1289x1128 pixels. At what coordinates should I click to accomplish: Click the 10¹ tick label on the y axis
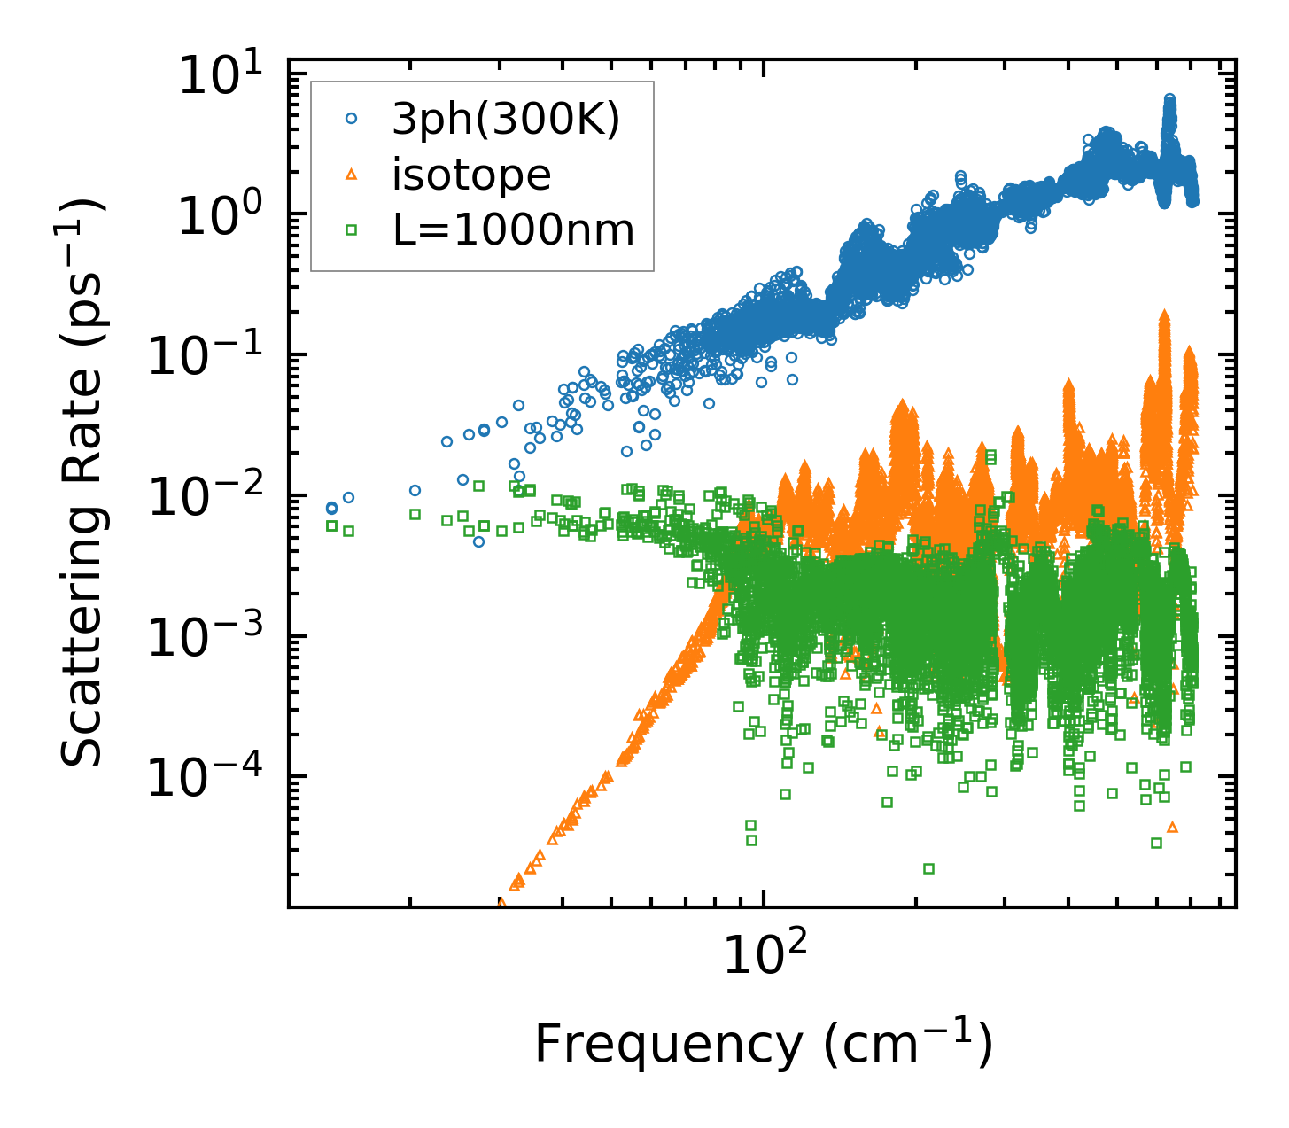coord(226,76)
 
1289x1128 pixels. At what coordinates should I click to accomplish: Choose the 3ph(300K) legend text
coord(506,119)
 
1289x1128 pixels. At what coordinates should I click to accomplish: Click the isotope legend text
coord(472,175)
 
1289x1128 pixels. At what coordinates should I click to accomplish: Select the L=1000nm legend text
coord(514,230)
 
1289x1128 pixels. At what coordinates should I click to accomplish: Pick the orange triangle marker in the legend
coord(352,175)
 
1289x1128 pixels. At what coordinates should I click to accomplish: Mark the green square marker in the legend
coord(352,230)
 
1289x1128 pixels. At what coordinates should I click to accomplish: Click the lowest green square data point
coord(928,868)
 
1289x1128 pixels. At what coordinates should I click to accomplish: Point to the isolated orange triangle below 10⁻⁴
coord(1172,827)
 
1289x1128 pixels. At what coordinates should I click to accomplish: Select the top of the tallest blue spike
coord(1169,99)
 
